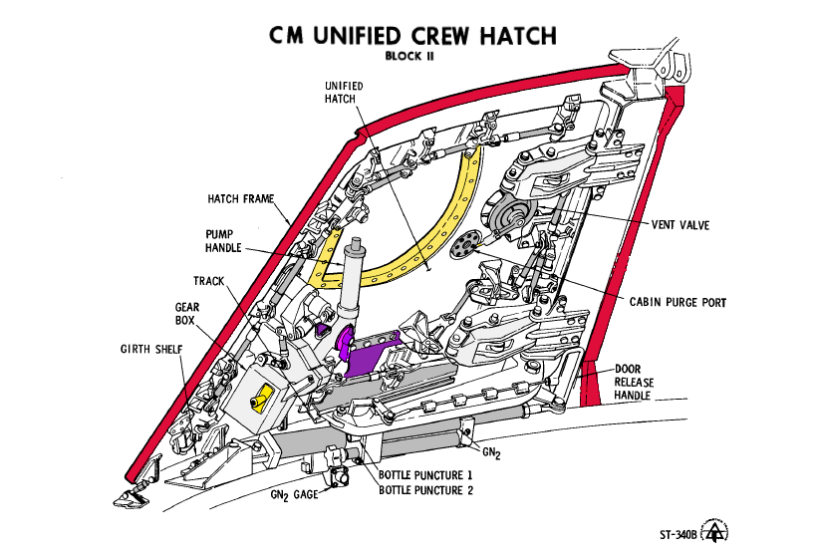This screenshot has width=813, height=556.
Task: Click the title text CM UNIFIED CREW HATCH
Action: [412, 36]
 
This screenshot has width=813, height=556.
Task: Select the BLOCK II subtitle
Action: [409, 56]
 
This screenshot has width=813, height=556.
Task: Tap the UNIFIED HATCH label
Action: [344, 93]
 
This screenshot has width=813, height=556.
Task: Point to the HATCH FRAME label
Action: [240, 198]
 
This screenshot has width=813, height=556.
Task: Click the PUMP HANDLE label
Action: [223, 241]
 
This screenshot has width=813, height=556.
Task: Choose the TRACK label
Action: [209, 281]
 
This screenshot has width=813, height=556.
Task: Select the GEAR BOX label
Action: [186, 314]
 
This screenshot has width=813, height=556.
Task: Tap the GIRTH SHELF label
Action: [151, 349]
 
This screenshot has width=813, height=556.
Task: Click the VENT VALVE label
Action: [680, 225]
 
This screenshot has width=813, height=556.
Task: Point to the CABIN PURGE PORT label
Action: [677, 302]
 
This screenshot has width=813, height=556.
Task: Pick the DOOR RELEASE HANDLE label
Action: [634, 383]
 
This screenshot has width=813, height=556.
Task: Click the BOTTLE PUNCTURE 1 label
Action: [425, 475]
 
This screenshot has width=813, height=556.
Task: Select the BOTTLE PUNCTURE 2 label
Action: [425, 490]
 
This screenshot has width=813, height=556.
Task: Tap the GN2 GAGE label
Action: [294, 495]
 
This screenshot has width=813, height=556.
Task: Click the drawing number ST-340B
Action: [678, 535]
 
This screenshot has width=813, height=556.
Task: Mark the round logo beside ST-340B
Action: [714, 531]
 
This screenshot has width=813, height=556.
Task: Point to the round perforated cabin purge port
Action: [464, 244]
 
